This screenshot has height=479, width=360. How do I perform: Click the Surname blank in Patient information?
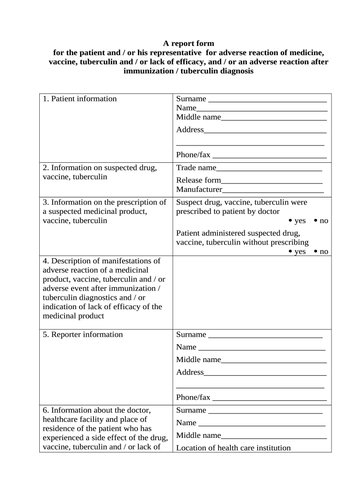click(x=267, y=100)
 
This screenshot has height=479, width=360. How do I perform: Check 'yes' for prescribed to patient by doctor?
click(x=291, y=221)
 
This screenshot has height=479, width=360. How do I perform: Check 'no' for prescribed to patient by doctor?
click(x=316, y=221)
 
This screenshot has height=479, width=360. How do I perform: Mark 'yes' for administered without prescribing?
click(x=291, y=252)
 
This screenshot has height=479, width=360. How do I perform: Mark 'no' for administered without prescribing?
click(x=316, y=252)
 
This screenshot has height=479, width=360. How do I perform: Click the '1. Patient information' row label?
click(x=79, y=99)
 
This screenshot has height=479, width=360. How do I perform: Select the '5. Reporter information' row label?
click(x=83, y=334)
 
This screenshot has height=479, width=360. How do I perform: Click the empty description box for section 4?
click(x=252, y=292)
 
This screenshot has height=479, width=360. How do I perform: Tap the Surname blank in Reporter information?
click(x=265, y=335)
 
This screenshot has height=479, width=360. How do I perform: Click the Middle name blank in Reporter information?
click(x=274, y=361)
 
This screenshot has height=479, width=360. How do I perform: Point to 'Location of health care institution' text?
click(x=233, y=448)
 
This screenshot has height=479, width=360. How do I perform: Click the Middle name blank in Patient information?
click(x=274, y=118)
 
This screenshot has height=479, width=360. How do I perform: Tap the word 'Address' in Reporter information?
click(x=190, y=372)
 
